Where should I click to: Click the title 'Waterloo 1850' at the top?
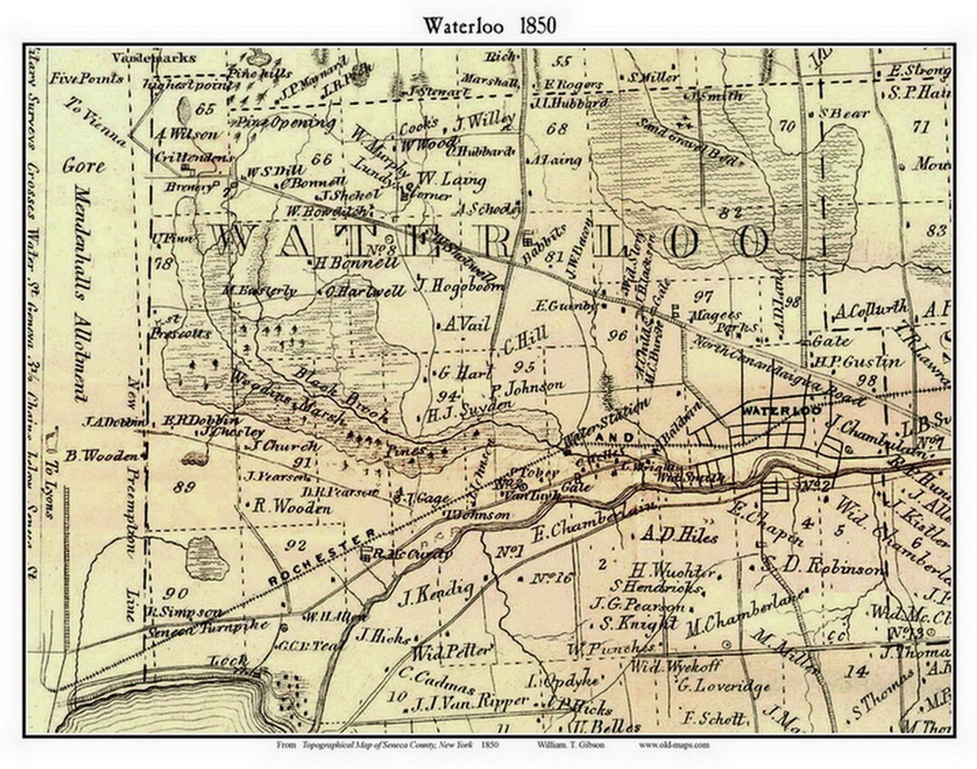click(488, 25)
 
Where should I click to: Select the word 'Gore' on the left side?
click(84, 166)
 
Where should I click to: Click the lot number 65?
click(204, 109)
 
